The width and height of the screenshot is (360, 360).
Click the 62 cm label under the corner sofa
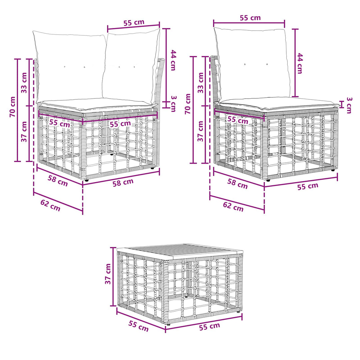pos(50,205)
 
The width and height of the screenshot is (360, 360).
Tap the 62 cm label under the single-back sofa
pos(233,206)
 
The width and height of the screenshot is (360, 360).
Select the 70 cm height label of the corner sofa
pos(12,107)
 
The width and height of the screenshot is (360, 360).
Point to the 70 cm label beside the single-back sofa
pos(188,104)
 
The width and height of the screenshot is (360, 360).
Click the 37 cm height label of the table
pos(108,274)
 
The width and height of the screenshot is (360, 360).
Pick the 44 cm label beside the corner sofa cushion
pos(173,60)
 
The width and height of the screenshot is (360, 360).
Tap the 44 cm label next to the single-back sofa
pos(300,63)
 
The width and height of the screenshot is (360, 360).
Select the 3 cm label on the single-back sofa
pos(349,105)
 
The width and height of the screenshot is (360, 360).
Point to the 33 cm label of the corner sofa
pos(24,83)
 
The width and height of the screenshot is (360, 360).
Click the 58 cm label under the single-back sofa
pos(237,184)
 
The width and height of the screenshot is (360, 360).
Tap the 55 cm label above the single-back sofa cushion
pos(250,18)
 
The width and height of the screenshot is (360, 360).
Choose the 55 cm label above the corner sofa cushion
pos(134,23)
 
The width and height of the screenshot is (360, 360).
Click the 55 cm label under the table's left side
pos(138,326)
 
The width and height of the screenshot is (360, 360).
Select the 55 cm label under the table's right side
pos(209,326)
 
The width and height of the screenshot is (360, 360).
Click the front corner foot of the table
pos(169,324)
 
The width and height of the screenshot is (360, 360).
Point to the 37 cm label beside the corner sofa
pos(24,132)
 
